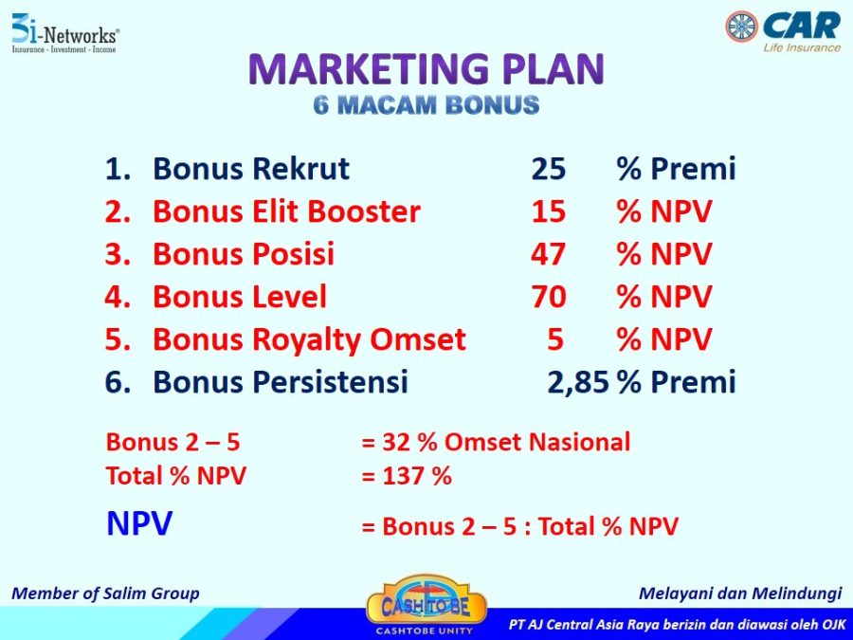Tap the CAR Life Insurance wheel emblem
pyautogui.click(x=741, y=27)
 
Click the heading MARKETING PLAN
pyautogui.click(x=426, y=69)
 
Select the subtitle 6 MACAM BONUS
pyautogui.click(x=426, y=104)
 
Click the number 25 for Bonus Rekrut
pyautogui.click(x=549, y=169)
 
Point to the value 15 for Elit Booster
pyautogui.click(x=549, y=211)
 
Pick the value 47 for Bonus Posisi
pyautogui.click(x=549, y=254)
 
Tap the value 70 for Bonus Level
pyautogui.click(x=549, y=297)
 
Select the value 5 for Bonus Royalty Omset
pyautogui.click(x=554, y=339)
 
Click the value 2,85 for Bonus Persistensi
pyautogui.click(x=578, y=382)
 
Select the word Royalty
pyautogui.click(x=307, y=340)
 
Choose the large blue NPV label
pyautogui.click(x=139, y=523)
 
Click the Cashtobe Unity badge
pyautogui.click(x=426, y=605)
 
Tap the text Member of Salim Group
pyautogui.click(x=105, y=594)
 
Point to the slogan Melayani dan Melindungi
pyautogui.click(x=740, y=594)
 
